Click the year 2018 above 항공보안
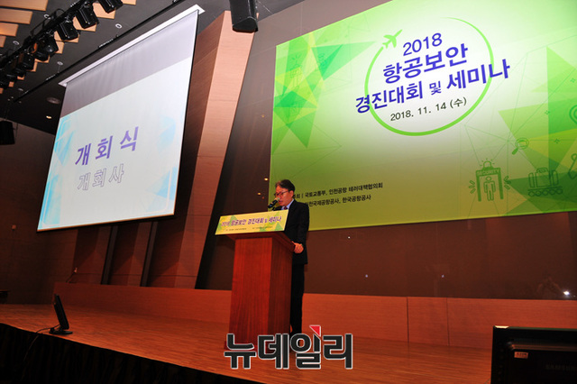[419, 45]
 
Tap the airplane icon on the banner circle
[391, 39]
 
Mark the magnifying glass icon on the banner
[521, 144]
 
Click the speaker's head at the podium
[286, 190]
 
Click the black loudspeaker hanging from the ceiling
[243, 14]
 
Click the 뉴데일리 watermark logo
[288, 350]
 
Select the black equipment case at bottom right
[533, 355]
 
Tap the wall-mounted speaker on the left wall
[6, 132]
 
